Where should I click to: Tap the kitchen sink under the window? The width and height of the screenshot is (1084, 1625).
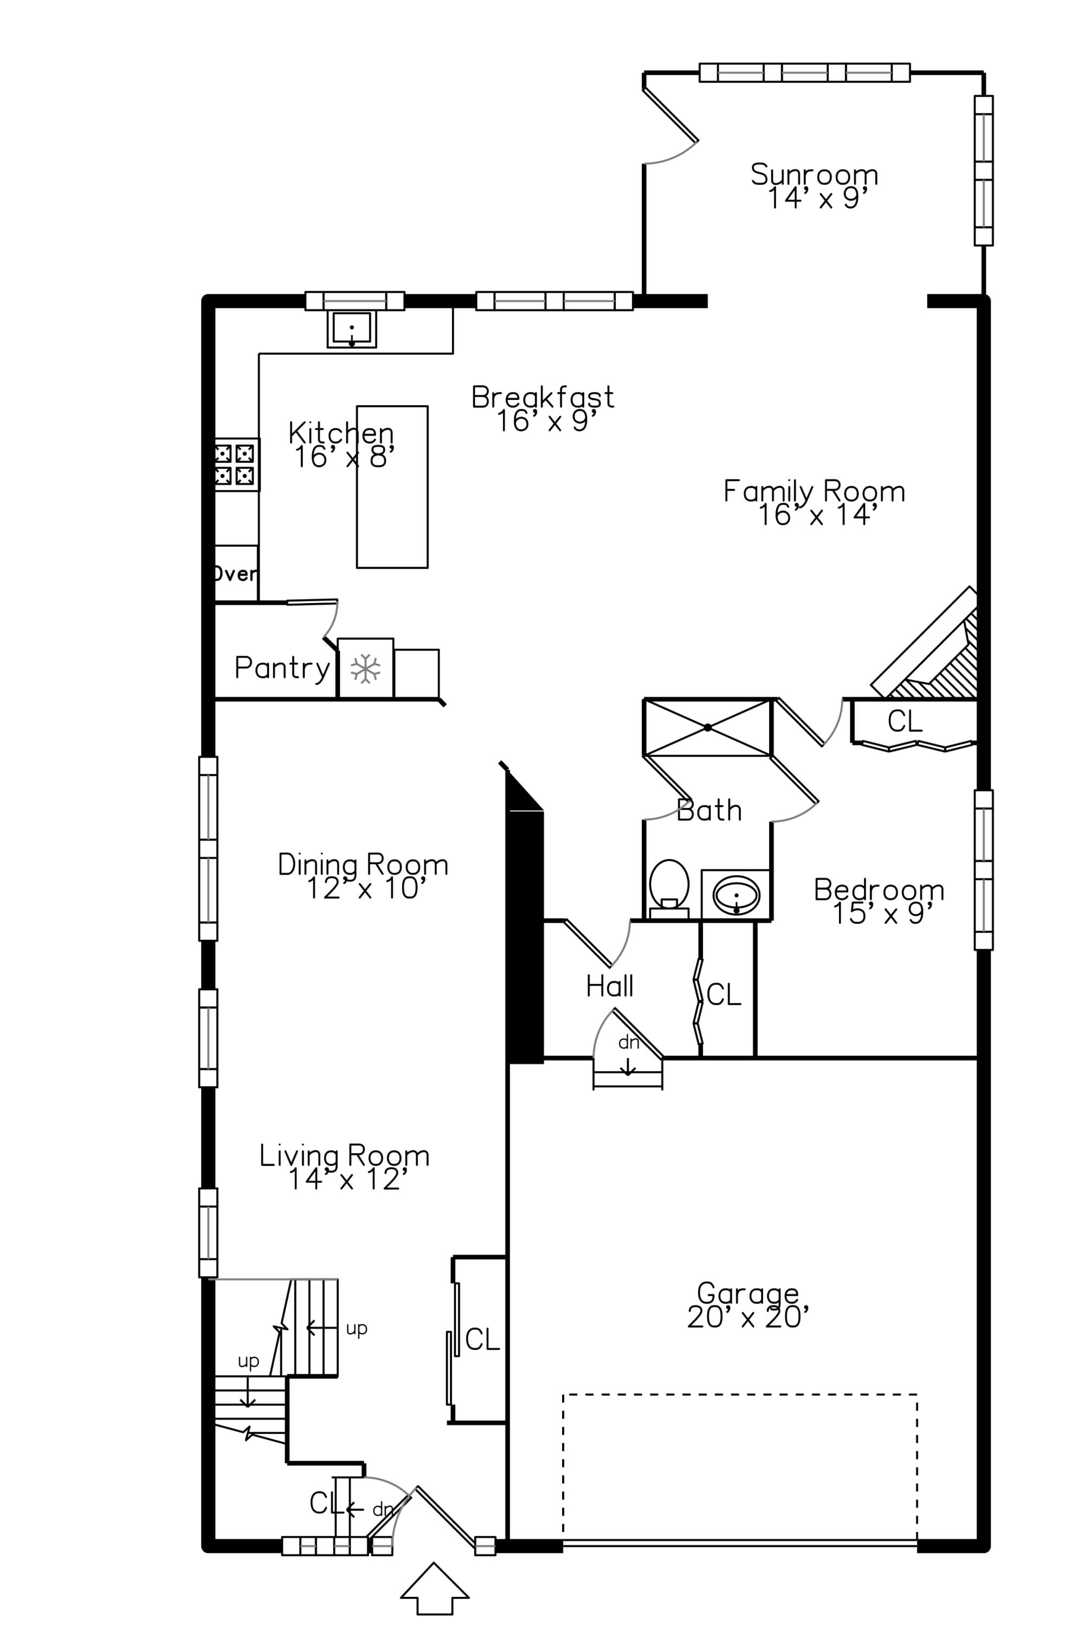point(352,328)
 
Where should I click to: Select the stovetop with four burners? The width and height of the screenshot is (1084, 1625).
point(236,464)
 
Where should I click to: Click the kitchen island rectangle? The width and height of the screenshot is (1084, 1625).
point(392,487)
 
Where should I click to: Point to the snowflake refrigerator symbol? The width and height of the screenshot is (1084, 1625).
point(365,669)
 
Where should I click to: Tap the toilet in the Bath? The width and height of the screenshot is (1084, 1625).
point(669,888)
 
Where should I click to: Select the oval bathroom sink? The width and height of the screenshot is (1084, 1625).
point(736,895)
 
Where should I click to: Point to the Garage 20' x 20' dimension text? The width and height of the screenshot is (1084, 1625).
point(748,1317)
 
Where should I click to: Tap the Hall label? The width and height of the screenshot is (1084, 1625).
point(609,986)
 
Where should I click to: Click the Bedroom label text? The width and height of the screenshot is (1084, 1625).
point(879,890)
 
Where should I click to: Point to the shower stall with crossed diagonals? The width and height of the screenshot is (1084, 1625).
point(707,727)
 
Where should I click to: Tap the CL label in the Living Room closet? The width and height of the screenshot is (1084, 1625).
point(482,1339)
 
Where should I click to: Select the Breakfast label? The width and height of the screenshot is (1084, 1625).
point(543,397)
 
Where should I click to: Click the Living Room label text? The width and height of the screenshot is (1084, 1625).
point(344,1156)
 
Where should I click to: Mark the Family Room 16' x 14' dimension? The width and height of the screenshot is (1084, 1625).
point(817,515)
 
